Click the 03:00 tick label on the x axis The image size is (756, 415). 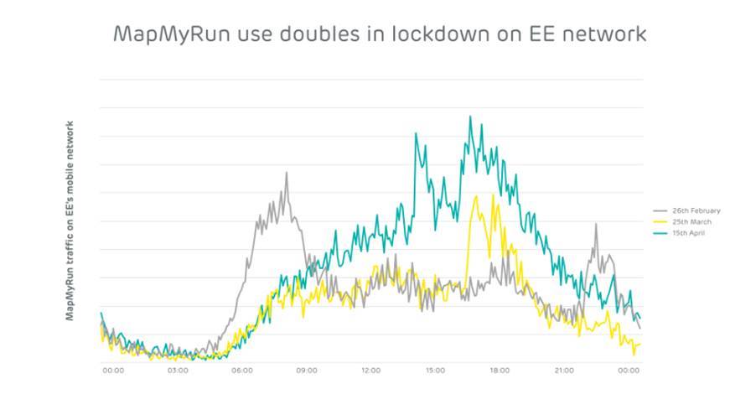pyautogui.click(x=178, y=369)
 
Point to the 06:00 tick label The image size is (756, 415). pyautogui.click(x=242, y=369)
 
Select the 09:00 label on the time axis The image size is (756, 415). pyautogui.click(x=306, y=369)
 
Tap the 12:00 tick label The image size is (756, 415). pyautogui.click(x=370, y=369)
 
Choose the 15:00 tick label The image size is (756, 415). pyautogui.click(x=435, y=369)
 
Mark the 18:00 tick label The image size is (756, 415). pyautogui.click(x=500, y=369)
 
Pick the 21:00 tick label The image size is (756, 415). pyautogui.click(x=564, y=369)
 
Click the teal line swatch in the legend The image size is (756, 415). pyautogui.click(x=659, y=232)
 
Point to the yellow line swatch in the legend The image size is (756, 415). pyautogui.click(x=659, y=221)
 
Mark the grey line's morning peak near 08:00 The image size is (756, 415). pyautogui.click(x=287, y=174)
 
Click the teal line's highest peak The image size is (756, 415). pyautogui.click(x=470, y=117)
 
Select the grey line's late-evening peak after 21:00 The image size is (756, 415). pyautogui.click(x=595, y=225)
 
